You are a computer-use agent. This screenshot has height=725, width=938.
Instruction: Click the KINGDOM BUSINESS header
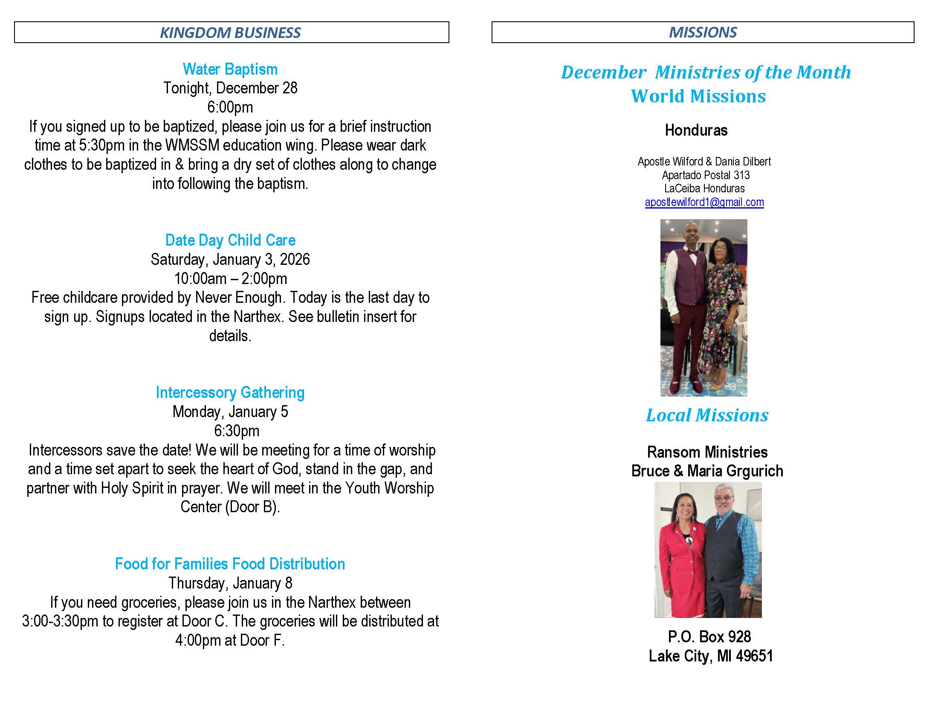230,33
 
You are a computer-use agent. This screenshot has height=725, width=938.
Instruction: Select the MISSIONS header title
703,32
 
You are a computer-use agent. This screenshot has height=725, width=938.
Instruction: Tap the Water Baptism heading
230,69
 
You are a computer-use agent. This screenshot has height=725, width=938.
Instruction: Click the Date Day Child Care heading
230,240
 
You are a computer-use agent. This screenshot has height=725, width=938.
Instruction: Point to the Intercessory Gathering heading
230,392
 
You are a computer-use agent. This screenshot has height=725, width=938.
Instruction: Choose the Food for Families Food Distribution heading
230,564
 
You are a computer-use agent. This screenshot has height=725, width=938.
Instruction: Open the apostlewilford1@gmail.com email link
704,202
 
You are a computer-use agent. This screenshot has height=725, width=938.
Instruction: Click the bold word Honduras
696,130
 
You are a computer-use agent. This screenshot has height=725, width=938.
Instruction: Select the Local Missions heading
707,415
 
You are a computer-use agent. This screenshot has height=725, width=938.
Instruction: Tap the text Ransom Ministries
707,452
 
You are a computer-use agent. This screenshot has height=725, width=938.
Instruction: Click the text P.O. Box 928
709,637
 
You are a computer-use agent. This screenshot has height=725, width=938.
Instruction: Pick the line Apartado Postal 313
706,175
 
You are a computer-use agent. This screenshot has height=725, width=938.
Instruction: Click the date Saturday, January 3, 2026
230,259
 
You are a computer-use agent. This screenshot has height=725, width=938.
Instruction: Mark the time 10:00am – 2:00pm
230,279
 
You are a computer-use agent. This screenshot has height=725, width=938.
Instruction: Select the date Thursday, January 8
230,583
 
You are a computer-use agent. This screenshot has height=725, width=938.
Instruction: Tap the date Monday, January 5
230,412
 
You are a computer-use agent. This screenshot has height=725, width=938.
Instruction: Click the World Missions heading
698,96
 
